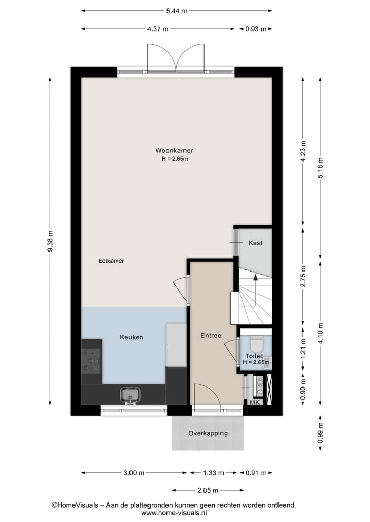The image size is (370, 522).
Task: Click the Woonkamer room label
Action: [x=174, y=151]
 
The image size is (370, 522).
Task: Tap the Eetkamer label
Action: [x=111, y=261]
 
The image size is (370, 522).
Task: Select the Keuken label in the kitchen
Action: [x=131, y=337]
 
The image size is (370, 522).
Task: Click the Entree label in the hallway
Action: [x=211, y=336]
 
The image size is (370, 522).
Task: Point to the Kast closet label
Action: [x=255, y=243]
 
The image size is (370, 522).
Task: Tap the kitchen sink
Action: [x=131, y=395]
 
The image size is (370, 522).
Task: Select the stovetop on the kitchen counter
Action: [x=91, y=360]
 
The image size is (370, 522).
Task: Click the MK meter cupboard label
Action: [x=255, y=403]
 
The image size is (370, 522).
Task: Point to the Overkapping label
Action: [x=208, y=433]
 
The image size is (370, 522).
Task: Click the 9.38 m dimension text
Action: [x=50, y=241]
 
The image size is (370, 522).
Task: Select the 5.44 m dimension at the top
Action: [x=176, y=10]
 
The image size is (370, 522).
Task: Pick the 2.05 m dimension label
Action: [x=208, y=490]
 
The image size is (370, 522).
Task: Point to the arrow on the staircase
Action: [x=256, y=278]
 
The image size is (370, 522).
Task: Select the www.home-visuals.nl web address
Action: [x=174, y=512]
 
